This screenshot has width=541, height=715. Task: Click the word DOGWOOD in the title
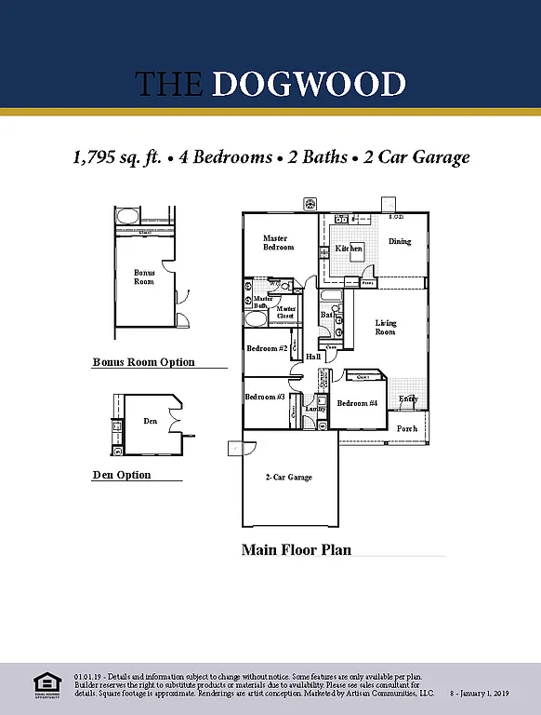pyautogui.click(x=309, y=84)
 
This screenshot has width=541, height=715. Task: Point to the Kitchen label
pyautogui.click(x=349, y=249)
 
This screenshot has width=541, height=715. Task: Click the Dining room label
pyautogui.click(x=400, y=242)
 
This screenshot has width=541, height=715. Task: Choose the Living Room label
pyautogui.click(x=385, y=328)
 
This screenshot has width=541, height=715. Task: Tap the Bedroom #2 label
pyautogui.click(x=267, y=349)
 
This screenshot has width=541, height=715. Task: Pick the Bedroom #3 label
pyautogui.click(x=265, y=398)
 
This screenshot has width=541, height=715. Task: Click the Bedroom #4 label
pyautogui.click(x=357, y=403)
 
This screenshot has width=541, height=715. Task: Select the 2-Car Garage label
pyautogui.click(x=289, y=478)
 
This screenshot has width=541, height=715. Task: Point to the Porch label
pyautogui.click(x=407, y=429)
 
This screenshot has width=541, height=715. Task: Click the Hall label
pyautogui.click(x=313, y=357)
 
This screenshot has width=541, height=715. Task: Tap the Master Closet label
pyautogui.click(x=286, y=312)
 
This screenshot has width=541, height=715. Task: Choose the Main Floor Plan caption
pyautogui.click(x=297, y=549)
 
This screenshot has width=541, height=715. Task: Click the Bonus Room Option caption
pyautogui.click(x=143, y=362)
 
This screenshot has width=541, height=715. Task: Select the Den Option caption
pyautogui.click(x=121, y=475)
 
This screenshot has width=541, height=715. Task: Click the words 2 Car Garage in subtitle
pyautogui.click(x=416, y=157)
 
